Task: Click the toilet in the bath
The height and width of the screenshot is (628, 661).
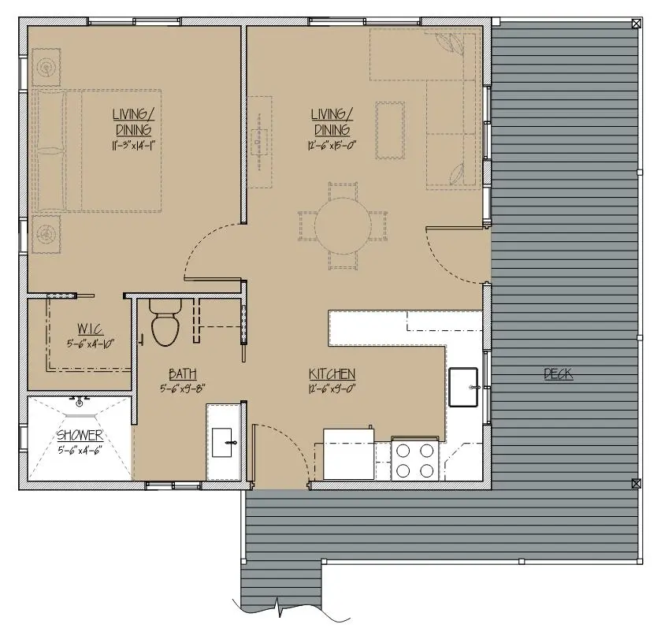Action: tap(165, 323)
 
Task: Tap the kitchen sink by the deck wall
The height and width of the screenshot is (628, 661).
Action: tap(463, 387)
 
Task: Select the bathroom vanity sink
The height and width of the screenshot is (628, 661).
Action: tap(221, 443)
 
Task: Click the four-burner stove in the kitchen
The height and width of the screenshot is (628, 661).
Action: tap(415, 459)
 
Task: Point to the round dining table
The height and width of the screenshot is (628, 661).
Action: tap(343, 225)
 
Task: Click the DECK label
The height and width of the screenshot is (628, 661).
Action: tap(558, 373)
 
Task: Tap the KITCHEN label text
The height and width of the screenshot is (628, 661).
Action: tap(332, 373)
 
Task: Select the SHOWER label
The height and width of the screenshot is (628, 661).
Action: tap(80, 435)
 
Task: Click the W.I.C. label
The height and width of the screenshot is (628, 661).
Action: tap(91, 329)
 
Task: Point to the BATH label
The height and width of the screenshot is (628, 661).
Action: tap(183, 373)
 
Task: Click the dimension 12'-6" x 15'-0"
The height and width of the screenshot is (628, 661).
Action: tap(332, 146)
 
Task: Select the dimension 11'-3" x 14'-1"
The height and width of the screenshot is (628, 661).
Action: tap(134, 146)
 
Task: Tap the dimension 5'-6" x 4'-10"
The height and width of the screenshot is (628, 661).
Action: tap(91, 344)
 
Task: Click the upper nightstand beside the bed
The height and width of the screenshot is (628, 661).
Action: tap(46, 68)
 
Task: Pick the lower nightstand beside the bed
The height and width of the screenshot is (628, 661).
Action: tap(46, 234)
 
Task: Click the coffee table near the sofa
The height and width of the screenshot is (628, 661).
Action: tap(390, 130)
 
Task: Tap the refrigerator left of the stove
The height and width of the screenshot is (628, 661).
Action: tap(349, 454)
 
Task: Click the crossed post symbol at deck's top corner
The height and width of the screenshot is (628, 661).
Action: tap(636, 24)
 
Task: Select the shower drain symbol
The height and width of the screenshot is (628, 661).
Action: tap(80, 403)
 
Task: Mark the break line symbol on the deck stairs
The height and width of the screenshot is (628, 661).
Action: tap(278, 607)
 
